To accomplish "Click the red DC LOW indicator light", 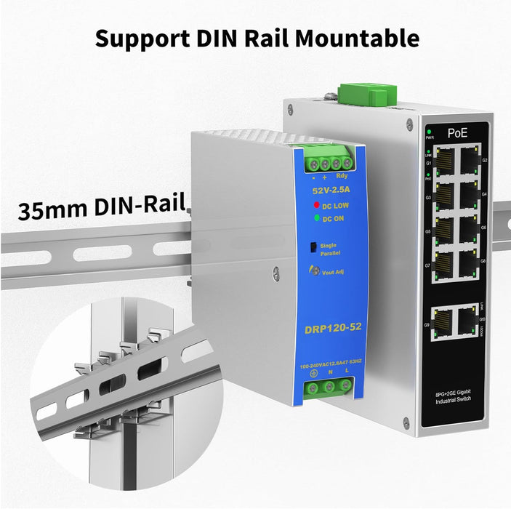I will [x=318, y=205].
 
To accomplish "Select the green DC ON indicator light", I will [x=318, y=216].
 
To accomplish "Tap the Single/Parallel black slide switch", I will [x=313, y=247].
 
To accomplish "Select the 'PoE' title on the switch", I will [x=457, y=133].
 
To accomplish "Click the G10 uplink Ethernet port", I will [x=466, y=319].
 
